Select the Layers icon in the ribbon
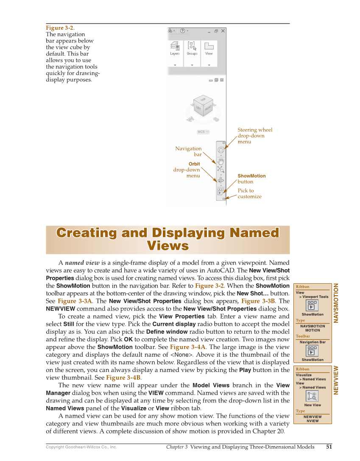(x=175, y=47)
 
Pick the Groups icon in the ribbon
(x=192, y=47)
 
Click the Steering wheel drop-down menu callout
(x=254, y=136)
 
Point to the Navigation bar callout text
(x=189, y=151)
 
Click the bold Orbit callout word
(x=194, y=164)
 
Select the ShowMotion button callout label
(x=251, y=176)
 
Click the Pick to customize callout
(x=249, y=193)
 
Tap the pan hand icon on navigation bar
(x=220, y=161)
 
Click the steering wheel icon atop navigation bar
(x=220, y=150)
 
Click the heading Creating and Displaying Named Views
(x=167, y=239)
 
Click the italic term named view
(x=82, y=263)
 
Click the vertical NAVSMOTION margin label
(x=337, y=303)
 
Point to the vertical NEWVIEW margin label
(x=337, y=380)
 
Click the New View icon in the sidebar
(x=313, y=396)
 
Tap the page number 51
(x=329, y=447)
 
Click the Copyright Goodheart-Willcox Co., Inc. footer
(x=81, y=447)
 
